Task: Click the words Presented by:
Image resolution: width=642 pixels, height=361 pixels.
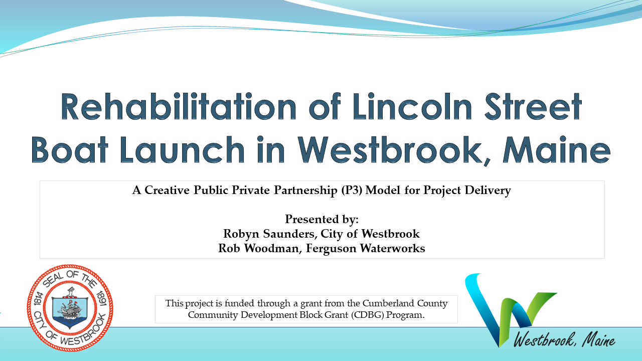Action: pos(322,219)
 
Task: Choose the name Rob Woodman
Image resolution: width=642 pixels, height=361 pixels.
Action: pos(256,248)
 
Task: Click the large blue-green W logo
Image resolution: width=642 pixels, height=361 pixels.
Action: pos(507,306)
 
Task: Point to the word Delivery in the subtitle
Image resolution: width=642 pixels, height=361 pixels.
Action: pos(488,191)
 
